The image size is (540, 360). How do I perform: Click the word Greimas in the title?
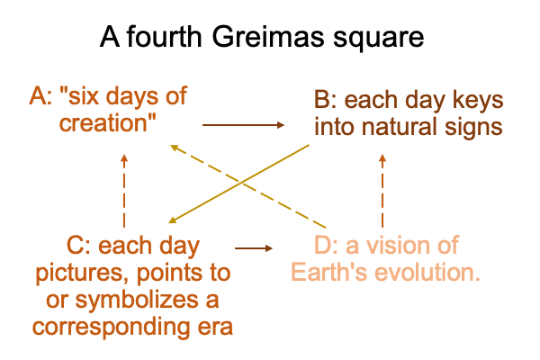267,37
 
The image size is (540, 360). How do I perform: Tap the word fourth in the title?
164,36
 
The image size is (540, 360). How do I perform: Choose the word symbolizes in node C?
136,301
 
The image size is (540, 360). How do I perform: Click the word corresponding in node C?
111,328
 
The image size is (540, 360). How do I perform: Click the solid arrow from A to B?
243,125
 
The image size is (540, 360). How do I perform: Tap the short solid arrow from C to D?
254,248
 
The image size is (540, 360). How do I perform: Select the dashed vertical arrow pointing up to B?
382,191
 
